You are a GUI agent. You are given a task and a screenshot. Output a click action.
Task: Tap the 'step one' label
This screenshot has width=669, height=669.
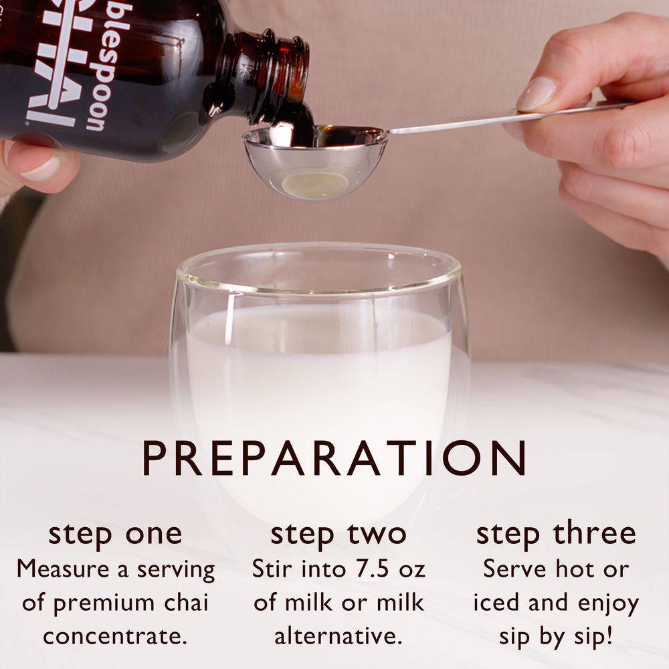pyautogui.click(x=115, y=533)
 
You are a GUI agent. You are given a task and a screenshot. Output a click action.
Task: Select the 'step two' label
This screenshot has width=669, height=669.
pyautogui.click(x=339, y=533)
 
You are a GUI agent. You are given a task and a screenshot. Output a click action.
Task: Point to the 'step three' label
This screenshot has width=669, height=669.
pyautogui.click(x=556, y=533)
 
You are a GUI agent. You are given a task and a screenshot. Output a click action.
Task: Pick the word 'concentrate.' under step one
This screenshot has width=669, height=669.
pyautogui.click(x=115, y=635)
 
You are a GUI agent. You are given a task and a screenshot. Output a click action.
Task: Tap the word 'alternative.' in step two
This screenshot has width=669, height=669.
pyautogui.click(x=339, y=635)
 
